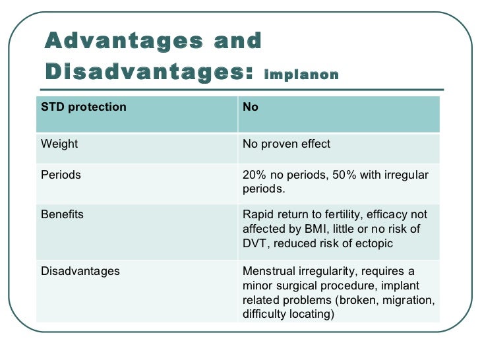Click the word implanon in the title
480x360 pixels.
(x=301, y=75)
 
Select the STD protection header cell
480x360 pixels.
(x=83, y=107)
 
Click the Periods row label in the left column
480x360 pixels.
(x=61, y=175)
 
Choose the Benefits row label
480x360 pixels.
(x=62, y=214)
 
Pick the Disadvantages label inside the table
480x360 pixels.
(x=80, y=271)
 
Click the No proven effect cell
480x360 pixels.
(x=286, y=144)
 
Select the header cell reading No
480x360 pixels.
(x=251, y=107)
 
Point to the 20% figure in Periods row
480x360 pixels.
(x=254, y=175)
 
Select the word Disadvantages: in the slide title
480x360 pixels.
(x=149, y=71)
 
